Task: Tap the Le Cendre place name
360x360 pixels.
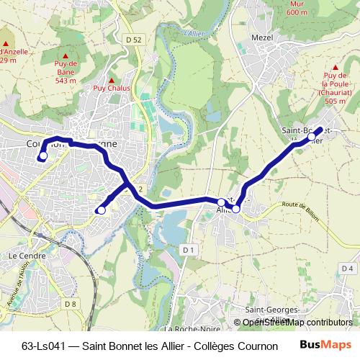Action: point(27,255)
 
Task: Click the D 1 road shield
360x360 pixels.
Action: point(189,249)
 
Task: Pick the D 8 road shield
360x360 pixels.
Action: point(71,304)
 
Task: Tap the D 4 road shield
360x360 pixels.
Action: point(347,268)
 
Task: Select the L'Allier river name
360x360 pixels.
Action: point(194,33)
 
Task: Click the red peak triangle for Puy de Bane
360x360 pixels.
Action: point(66,55)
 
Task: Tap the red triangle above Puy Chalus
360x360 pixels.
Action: point(111,80)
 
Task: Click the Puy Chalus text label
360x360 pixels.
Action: point(111,89)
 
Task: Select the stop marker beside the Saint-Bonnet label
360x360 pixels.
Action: point(312,136)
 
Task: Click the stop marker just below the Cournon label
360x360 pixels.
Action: point(43,155)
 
